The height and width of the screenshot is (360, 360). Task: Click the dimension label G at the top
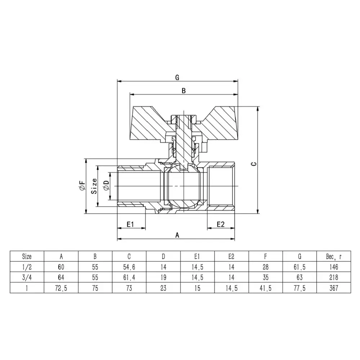pos(177,77)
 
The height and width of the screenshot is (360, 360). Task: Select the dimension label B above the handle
pos(183,91)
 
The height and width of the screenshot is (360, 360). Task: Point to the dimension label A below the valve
pos(177,235)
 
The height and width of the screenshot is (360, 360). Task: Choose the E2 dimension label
pos(220,224)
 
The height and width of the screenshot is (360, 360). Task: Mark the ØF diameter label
pos(82,186)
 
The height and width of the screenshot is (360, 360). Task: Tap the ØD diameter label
pos(106,186)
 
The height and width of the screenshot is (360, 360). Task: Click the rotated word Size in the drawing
pos(94,186)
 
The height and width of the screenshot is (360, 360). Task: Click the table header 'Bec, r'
pos(333,257)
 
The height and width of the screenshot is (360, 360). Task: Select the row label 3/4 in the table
pos(27,278)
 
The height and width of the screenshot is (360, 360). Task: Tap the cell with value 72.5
pos(61,288)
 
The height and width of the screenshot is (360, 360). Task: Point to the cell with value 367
pos(333,288)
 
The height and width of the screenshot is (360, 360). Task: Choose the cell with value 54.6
pos(129,267)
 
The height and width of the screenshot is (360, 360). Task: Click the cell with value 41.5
pos(265,288)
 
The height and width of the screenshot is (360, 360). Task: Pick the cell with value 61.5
pos(300,267)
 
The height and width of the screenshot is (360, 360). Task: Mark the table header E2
pos(231,257)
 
